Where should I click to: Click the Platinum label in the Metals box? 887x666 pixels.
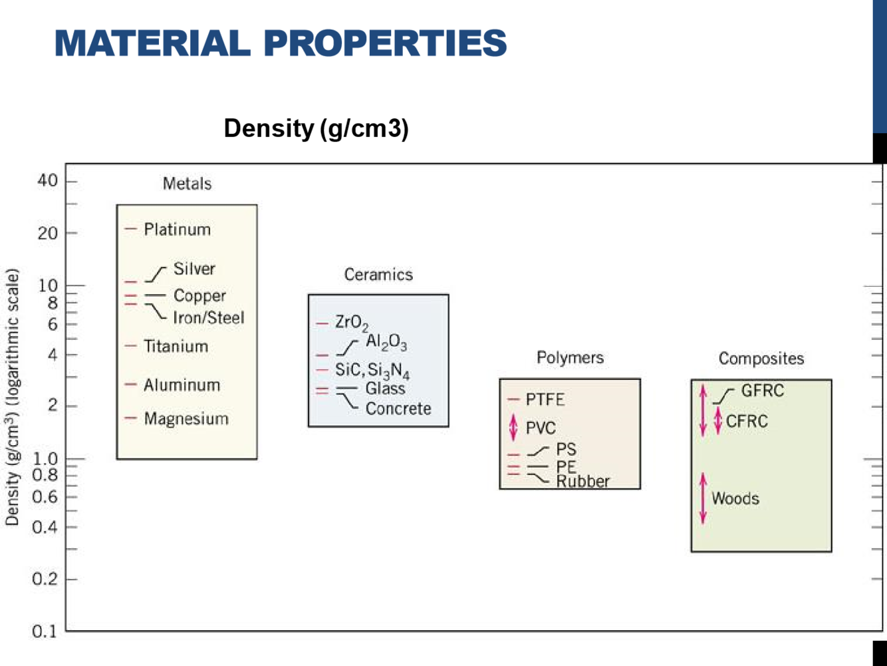[x=177, y=230]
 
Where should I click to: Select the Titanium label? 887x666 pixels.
[x=176, y=346]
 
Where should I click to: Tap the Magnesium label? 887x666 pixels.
[x=186, y=418]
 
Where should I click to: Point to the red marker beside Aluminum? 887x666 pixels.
[x=130, y=385]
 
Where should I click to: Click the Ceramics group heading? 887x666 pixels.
[x=378, y=275]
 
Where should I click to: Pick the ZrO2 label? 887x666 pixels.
[x=351, y=323]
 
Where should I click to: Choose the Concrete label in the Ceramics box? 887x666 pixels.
[x=398, y=409]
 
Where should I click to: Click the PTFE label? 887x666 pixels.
[x=545, y=399]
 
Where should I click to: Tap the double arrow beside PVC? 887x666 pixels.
[x=513, y=427]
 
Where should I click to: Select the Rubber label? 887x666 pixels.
[x=583, y=481]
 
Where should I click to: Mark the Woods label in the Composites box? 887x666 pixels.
[x=735, y=498]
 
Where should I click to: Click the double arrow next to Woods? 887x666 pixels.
[x=703, y=498]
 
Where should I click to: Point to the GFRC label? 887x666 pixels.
[x=763, y=391]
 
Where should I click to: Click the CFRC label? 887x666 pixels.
[x=747, y=421]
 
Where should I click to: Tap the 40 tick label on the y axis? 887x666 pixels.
[x=47, y=180]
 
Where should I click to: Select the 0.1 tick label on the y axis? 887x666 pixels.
[x=45, y=631]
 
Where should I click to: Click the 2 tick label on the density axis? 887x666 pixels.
[x=52, y=405]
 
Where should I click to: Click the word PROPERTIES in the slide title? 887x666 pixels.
[x=385, y=43]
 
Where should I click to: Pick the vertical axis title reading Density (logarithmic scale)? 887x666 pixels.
[x=12, y=397]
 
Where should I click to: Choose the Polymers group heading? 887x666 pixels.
[x=570, y=358]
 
